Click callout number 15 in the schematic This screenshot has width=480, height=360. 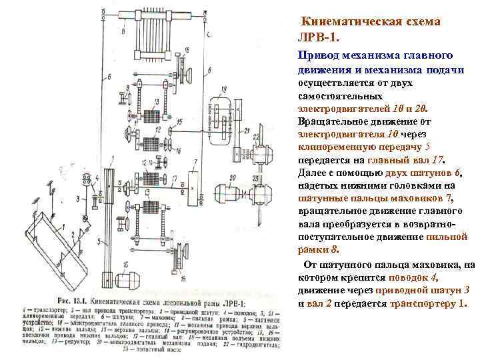pos(179,122)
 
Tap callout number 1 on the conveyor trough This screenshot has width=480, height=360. pos(64,226)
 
